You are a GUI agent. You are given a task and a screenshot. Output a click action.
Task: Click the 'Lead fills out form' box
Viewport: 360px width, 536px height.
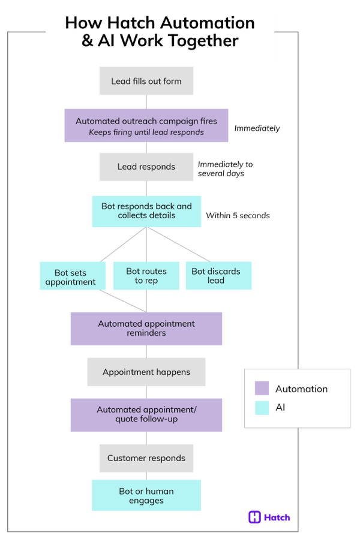pos(146,81)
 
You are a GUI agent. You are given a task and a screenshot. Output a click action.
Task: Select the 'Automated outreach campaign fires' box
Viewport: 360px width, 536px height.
pos(146,125)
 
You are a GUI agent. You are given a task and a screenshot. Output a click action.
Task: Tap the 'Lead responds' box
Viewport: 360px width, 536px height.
pos(146,167)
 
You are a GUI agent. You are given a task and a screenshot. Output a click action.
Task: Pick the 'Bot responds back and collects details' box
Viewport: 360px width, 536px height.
pos(146,211)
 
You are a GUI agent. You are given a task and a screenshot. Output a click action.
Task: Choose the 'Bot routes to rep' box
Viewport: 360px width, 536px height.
pos(146,276)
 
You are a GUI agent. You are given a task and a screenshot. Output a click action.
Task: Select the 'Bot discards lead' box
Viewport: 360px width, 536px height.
pos(218,276)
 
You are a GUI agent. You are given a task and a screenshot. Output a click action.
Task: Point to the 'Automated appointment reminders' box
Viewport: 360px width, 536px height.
pos(146,329)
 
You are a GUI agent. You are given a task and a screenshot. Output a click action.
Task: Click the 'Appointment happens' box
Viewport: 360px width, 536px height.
pos(146,372)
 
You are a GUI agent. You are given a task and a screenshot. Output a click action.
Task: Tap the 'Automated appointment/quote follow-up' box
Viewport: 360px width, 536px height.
pos(146,414)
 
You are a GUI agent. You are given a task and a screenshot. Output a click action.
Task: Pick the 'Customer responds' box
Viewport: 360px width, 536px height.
pos(146,458)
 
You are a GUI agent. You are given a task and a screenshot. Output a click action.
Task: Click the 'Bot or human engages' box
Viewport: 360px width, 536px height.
pos(146,495)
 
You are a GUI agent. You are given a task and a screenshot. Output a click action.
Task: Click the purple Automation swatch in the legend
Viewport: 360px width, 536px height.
pos(261,389)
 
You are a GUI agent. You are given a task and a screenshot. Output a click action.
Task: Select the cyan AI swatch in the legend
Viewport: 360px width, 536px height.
pos(261,407)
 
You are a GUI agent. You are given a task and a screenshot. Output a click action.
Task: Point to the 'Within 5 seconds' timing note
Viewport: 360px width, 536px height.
pos(238,215)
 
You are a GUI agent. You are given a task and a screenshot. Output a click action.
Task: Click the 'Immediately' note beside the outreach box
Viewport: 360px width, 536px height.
pos(257,128)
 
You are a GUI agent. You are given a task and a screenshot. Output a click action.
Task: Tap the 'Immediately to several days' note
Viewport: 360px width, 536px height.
pos(225,168)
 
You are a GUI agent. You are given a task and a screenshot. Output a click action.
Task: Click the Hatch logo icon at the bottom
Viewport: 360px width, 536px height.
pos(254,517)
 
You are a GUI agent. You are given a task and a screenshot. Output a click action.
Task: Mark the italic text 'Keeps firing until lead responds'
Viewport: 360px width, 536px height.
pos(146,133)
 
